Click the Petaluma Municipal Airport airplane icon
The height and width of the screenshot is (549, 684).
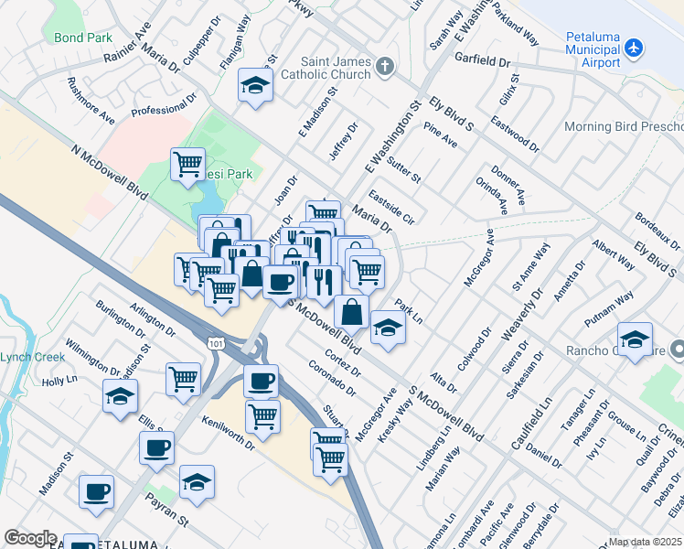(637, 47)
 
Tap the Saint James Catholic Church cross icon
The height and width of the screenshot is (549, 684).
(385, 66)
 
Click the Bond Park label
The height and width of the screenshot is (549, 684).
(81, 38)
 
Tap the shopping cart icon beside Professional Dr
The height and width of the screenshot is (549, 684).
(187, 164)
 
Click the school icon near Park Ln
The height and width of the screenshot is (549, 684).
(388, 328)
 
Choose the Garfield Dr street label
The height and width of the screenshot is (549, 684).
(486, 62)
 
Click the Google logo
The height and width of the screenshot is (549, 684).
(30, 538)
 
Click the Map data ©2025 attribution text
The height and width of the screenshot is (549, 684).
(645, 542)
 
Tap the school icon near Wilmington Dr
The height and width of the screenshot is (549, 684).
(120, 396)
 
